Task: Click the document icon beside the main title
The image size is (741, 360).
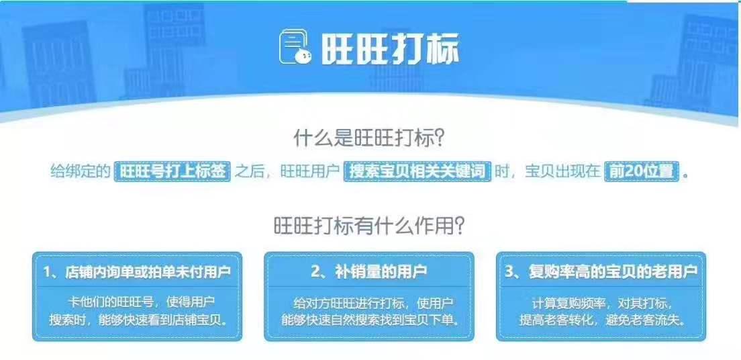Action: pyautogui.click(x=295, y=48)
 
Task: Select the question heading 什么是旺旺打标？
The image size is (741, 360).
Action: pyautogui.click(x=370, y=138)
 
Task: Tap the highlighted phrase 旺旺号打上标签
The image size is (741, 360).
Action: pyautogui.click(x=173, y=171)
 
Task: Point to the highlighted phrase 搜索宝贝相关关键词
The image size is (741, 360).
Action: pyautogui.click(x=418, y=171)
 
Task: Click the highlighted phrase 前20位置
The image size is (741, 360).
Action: pyautogui.click(x=641, y=171)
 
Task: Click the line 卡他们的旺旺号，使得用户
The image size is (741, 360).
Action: pyautogui.click(x=137, y=302)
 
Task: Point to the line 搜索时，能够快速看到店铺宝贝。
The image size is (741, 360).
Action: pyautogui.click(x=137, y=319)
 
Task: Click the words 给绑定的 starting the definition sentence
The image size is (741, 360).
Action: pyautogui.click(x=80, y=171)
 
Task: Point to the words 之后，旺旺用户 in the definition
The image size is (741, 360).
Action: pyautogui.click(x=288, y=171)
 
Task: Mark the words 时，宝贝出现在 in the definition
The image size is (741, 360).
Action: pyautogui.click(x=547, y=171)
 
